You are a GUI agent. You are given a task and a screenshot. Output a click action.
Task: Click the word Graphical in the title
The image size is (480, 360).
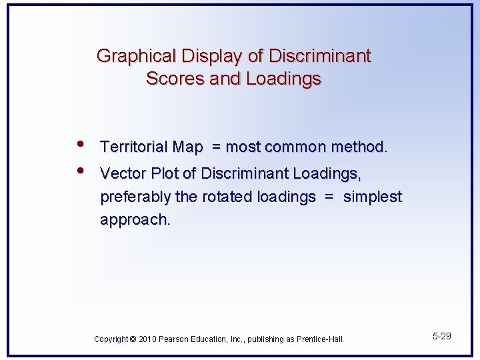tap(129, 56)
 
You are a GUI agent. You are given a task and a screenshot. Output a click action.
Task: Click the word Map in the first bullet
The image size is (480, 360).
tap(188, 147)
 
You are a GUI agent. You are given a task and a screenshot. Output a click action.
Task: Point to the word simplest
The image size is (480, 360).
tap(373, 197)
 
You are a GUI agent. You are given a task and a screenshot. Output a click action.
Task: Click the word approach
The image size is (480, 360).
tap(135, 220)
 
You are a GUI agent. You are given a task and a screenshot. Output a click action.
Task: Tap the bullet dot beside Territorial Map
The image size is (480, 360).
tap(80, 145)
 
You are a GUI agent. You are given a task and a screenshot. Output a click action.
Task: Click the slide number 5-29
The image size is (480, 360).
tap(441, 336)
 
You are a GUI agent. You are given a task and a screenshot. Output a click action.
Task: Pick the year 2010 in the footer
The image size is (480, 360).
tap(148, 339)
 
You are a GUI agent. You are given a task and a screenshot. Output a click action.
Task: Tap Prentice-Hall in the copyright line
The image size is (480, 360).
tap(321, 339)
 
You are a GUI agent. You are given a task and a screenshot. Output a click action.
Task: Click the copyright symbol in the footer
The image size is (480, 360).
tap(133, 339)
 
